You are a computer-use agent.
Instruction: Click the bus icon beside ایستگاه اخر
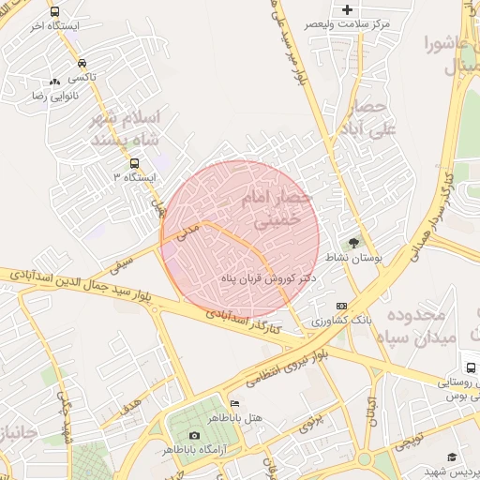coord(54,12)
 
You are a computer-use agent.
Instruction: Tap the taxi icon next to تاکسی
coord(55,82)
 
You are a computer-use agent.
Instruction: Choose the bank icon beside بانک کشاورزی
coord(341,306)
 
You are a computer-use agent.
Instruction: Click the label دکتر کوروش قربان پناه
coord(267,279)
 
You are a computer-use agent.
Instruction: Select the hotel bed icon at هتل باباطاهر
coord(234,403)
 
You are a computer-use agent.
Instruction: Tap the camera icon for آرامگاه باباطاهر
coord(194,435)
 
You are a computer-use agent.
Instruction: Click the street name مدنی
coord(189,228)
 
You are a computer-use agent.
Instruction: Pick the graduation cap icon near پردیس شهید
coord(452,457)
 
